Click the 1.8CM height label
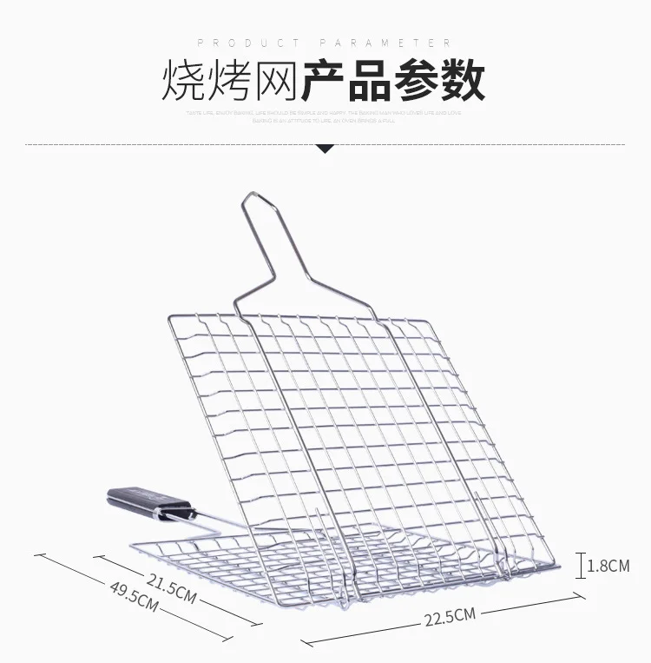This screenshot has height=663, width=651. pyautogui.click(x=608, y=566)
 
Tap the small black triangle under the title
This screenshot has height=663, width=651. pyautogui.click(x=325, y=149)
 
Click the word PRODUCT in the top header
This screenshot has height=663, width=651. pyautogui.click(x=249, y=43)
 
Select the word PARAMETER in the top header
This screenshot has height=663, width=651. pyautogui.click(x=386, y=43)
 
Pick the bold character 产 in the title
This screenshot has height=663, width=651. pyautogui.click(x=325, y=81)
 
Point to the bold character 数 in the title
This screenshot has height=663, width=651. pyautogui.click(x=462, y=81)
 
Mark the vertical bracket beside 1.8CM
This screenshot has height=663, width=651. pyautogui.click(x=582, y=565)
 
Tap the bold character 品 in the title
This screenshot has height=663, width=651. pyautogui.click(x=371, y=81)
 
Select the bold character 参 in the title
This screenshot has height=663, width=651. pyautogui.click(x=417, y=81)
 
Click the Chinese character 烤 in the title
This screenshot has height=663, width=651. pyautogui.click(x=230, y=81)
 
